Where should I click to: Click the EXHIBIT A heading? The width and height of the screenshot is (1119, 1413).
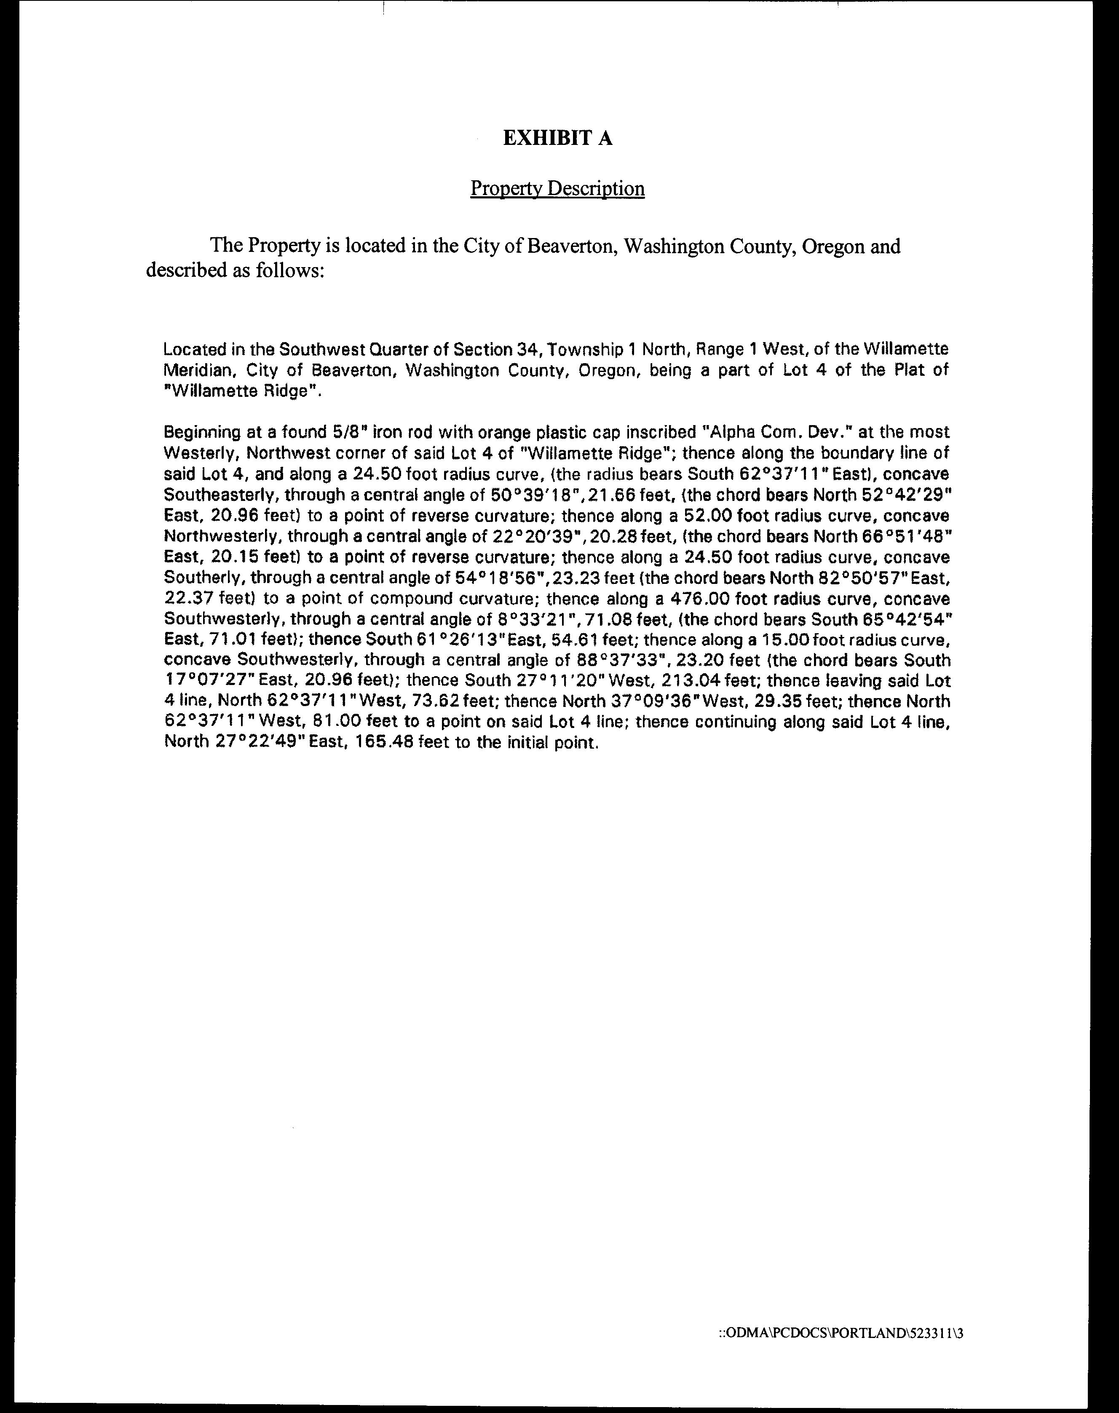point(557,138)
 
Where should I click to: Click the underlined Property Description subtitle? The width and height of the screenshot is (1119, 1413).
point(557,189)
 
